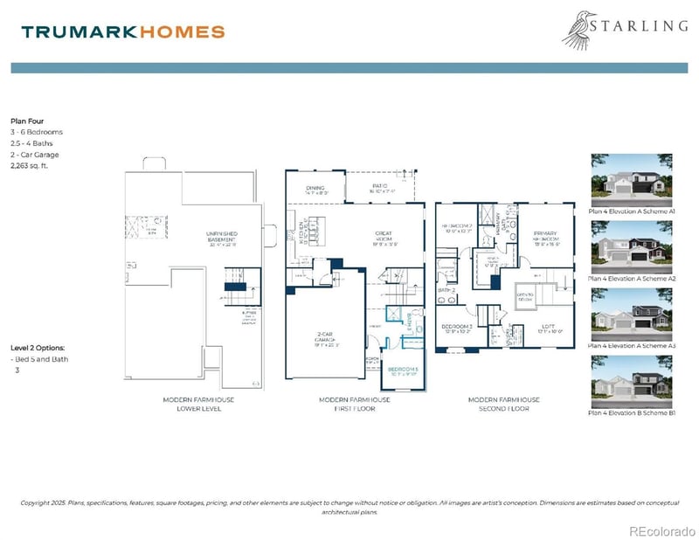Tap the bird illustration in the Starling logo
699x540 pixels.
580,29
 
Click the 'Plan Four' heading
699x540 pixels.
26,121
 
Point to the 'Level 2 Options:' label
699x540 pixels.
37,348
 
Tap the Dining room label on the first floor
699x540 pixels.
315,189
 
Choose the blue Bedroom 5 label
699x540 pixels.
404,369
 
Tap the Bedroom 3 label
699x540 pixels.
457,327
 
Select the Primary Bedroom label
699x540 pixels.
545,236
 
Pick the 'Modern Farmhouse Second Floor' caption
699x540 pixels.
503,404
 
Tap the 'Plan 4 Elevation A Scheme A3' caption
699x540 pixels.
633,346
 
